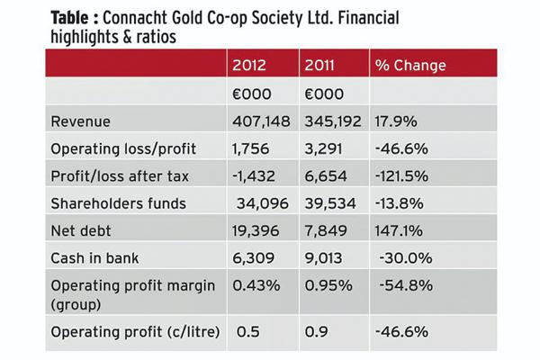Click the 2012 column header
pyautogui.click(x=253, y=66)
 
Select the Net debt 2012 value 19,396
pyautogui.click(x=257, y=230)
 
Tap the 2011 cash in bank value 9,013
pyautogui.click(x=326, y=257)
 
